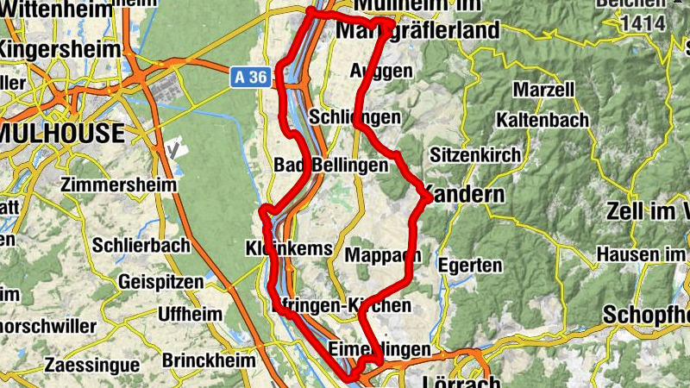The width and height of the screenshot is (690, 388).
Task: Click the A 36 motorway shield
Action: [x=250, y=78]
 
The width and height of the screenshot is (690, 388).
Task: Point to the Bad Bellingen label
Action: [x=331, y=165]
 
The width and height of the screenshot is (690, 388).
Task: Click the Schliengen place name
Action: [x=354, y=116]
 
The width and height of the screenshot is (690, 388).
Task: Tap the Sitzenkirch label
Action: [x=475, y=155]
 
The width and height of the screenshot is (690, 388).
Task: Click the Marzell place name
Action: [x=543, y=90]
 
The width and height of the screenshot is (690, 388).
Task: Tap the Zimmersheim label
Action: [x=119, y=185]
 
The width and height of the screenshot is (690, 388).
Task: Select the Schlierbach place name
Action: [x=141, y=246]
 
